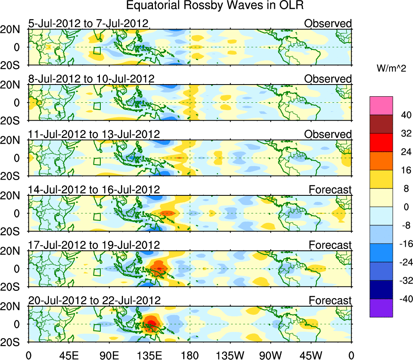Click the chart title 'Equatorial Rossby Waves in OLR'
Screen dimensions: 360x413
215,6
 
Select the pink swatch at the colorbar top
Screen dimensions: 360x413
381,106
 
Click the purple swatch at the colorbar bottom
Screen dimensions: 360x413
381,308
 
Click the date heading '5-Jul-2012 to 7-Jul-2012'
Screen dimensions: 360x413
88,23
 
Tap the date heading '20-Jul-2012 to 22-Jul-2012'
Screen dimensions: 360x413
94,301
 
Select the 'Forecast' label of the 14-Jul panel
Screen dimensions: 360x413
330,190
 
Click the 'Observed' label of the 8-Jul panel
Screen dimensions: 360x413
328,79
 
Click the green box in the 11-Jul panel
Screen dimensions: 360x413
97,161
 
